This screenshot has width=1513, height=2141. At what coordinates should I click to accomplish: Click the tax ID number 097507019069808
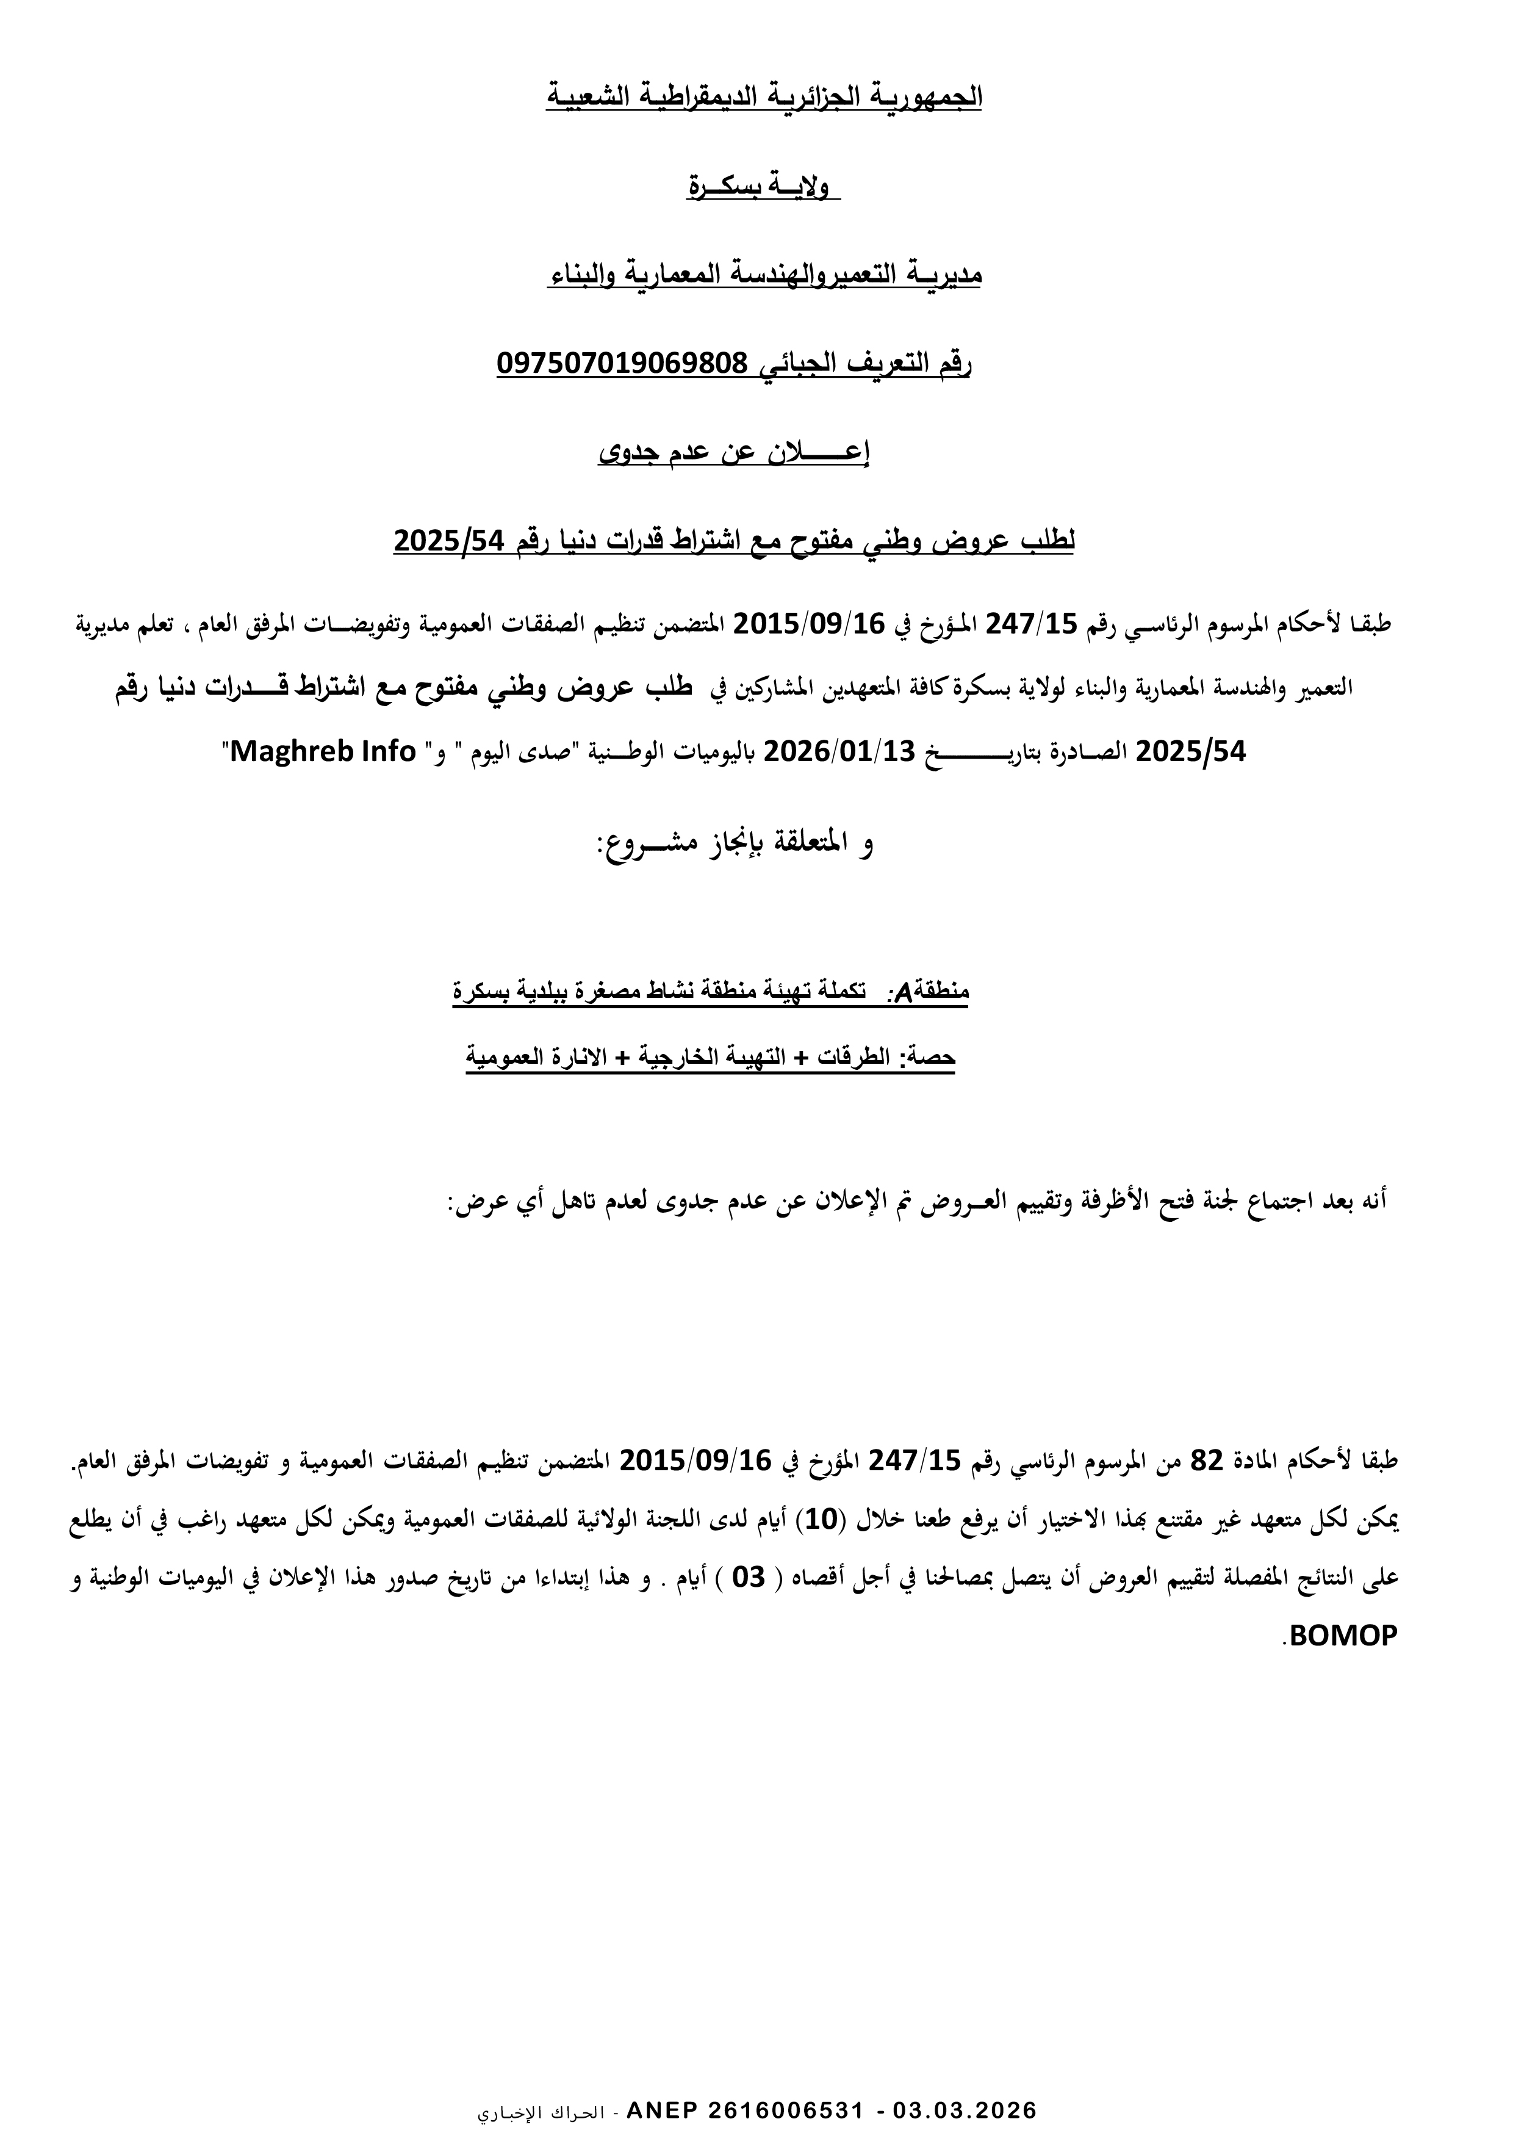tap(623, 363)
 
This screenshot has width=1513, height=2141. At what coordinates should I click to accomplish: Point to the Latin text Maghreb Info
tap(322, 751)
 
